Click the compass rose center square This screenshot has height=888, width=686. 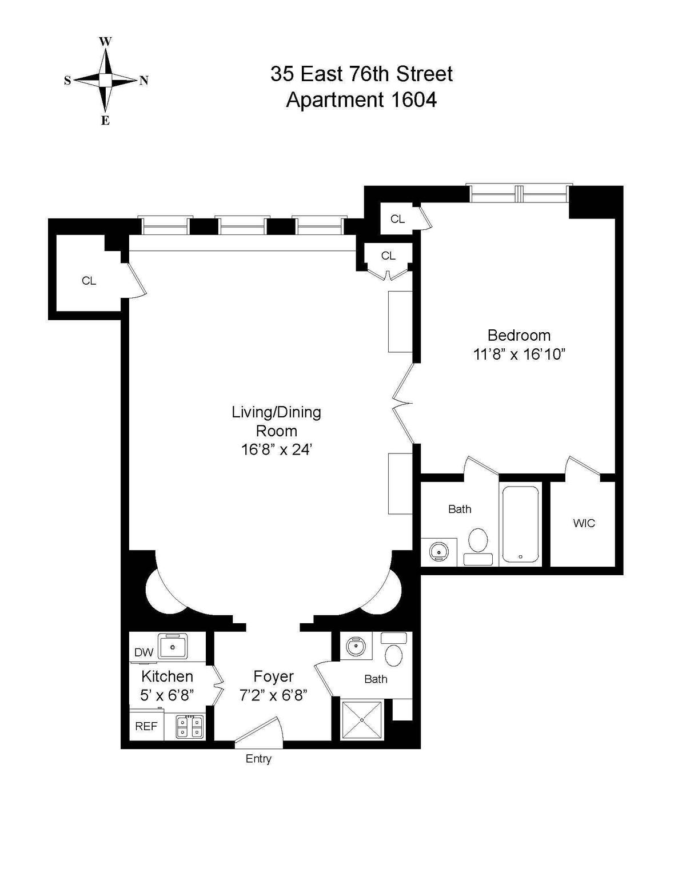pos(105,80)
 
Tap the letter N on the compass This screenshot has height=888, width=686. pos(143,81)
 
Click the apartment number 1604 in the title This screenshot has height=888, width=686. pos(413,99)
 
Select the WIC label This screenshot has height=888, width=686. pos(584,523)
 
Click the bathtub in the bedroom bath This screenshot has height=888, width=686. pos(520,524)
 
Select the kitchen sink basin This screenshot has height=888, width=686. pos(173,647)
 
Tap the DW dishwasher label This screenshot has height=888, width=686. pos(144,652)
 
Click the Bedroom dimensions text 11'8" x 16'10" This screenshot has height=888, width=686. pos(519,354)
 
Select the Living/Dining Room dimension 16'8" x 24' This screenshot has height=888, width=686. pos(277,449)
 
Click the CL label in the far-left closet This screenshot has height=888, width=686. pos(89,281)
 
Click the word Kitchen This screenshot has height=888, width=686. pos(167,676)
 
